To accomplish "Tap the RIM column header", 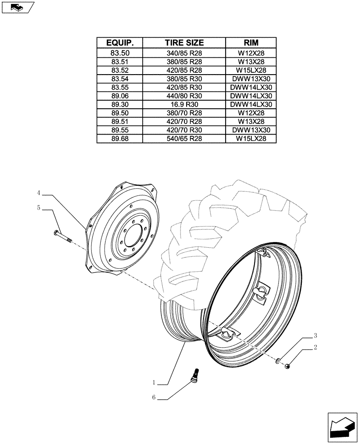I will tap(251, 43).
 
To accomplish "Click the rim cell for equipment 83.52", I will tap(251, 70).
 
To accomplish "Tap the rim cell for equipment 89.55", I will tap(251, 130).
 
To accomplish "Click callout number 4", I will tap(39, 193).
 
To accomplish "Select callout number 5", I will tap(39, 207).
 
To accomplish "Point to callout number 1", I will tap(154, 383).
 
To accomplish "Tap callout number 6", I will tap(154, 398).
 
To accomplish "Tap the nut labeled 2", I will tap(288, 366).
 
